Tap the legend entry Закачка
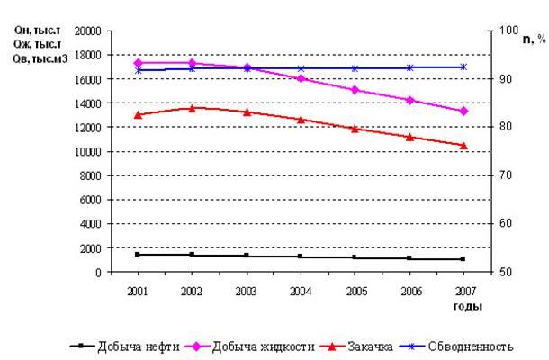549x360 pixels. pos(368,346)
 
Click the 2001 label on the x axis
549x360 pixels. pos(138,292)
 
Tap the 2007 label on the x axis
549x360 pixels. pos(463,292)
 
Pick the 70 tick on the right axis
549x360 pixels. pos(507,175)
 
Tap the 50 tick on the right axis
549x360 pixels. pos(507,272)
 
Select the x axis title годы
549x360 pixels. pos(467,307)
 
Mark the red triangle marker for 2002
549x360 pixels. pos(192,108)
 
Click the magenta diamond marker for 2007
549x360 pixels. pos(463,111)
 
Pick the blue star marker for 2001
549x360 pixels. pos(138,69)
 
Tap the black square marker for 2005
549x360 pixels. pos(355,257)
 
